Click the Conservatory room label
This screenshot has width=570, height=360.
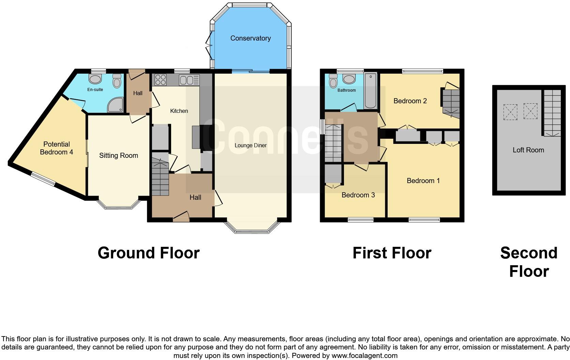point(250,38)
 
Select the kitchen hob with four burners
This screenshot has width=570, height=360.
point(160,80)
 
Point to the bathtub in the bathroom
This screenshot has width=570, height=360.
point(370,90)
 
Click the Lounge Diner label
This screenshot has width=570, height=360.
point(251,146)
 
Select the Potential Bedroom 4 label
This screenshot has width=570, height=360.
point(56,148)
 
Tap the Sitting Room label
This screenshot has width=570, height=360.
point(118,156)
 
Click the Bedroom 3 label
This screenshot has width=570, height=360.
point(358,195)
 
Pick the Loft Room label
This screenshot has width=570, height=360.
point(528,150)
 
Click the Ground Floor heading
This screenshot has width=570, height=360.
point(148,253)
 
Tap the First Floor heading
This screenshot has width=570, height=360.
point(392,253)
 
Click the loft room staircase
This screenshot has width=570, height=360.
point(552,112)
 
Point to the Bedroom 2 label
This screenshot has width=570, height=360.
point(410,101)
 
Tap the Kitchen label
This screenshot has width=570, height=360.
point(179,111)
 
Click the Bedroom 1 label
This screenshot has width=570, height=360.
point(423,181)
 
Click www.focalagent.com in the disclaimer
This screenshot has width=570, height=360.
point(364,356)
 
